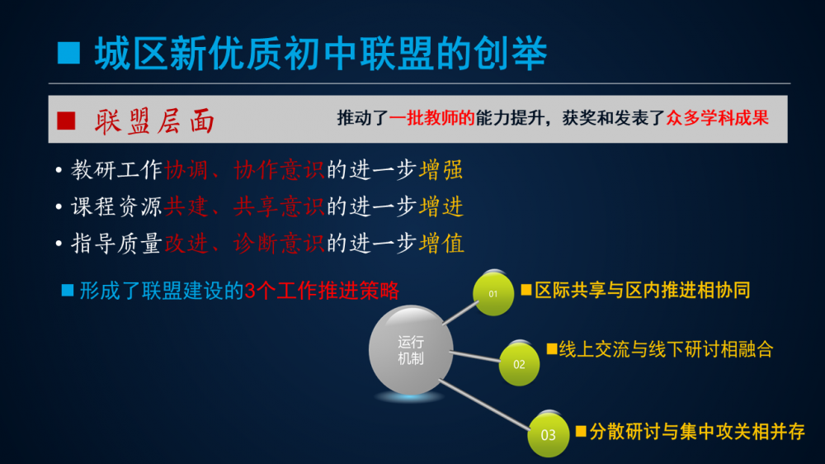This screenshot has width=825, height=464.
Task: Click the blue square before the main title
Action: (x=68, y=53)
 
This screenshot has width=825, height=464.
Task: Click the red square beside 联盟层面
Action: (x=66, y=121)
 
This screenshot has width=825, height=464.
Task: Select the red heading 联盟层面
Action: (x=155, y=121)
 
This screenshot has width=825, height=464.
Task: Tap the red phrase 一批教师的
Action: (x=432, y=118)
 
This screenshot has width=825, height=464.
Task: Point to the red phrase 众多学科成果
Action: (x=718, y=118)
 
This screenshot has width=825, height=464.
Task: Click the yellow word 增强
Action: (x=441, y=170)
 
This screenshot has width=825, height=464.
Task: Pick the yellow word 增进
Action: (x=441, y=206)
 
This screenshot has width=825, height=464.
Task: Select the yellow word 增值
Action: (x=441, y=244)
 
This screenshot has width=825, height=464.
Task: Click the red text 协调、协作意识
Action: (x=245, y=170)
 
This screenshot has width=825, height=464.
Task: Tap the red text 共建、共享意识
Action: (x=245, y=206)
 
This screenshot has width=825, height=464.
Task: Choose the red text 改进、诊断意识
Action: (x=245, y=244)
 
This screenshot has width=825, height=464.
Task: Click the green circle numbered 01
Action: (x=493, y=293)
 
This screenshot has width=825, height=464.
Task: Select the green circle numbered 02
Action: (x=519, y=363)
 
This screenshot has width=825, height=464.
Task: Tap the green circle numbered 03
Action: (x=549, y=434)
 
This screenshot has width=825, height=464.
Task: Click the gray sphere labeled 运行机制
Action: (x=410, y=350)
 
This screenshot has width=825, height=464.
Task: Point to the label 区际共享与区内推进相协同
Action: (x=642, y=290)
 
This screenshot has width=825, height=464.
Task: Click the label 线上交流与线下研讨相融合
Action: (x=666, y=349)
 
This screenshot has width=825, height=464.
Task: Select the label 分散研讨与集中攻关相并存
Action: (x=697, y=432)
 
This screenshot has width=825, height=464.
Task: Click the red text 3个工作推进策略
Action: (x=322, y=291)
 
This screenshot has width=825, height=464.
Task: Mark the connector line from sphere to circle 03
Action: (x=484, y=405)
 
